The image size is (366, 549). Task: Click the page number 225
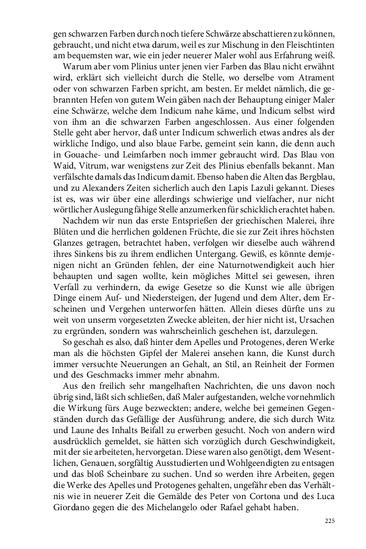[x=329, y=521]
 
